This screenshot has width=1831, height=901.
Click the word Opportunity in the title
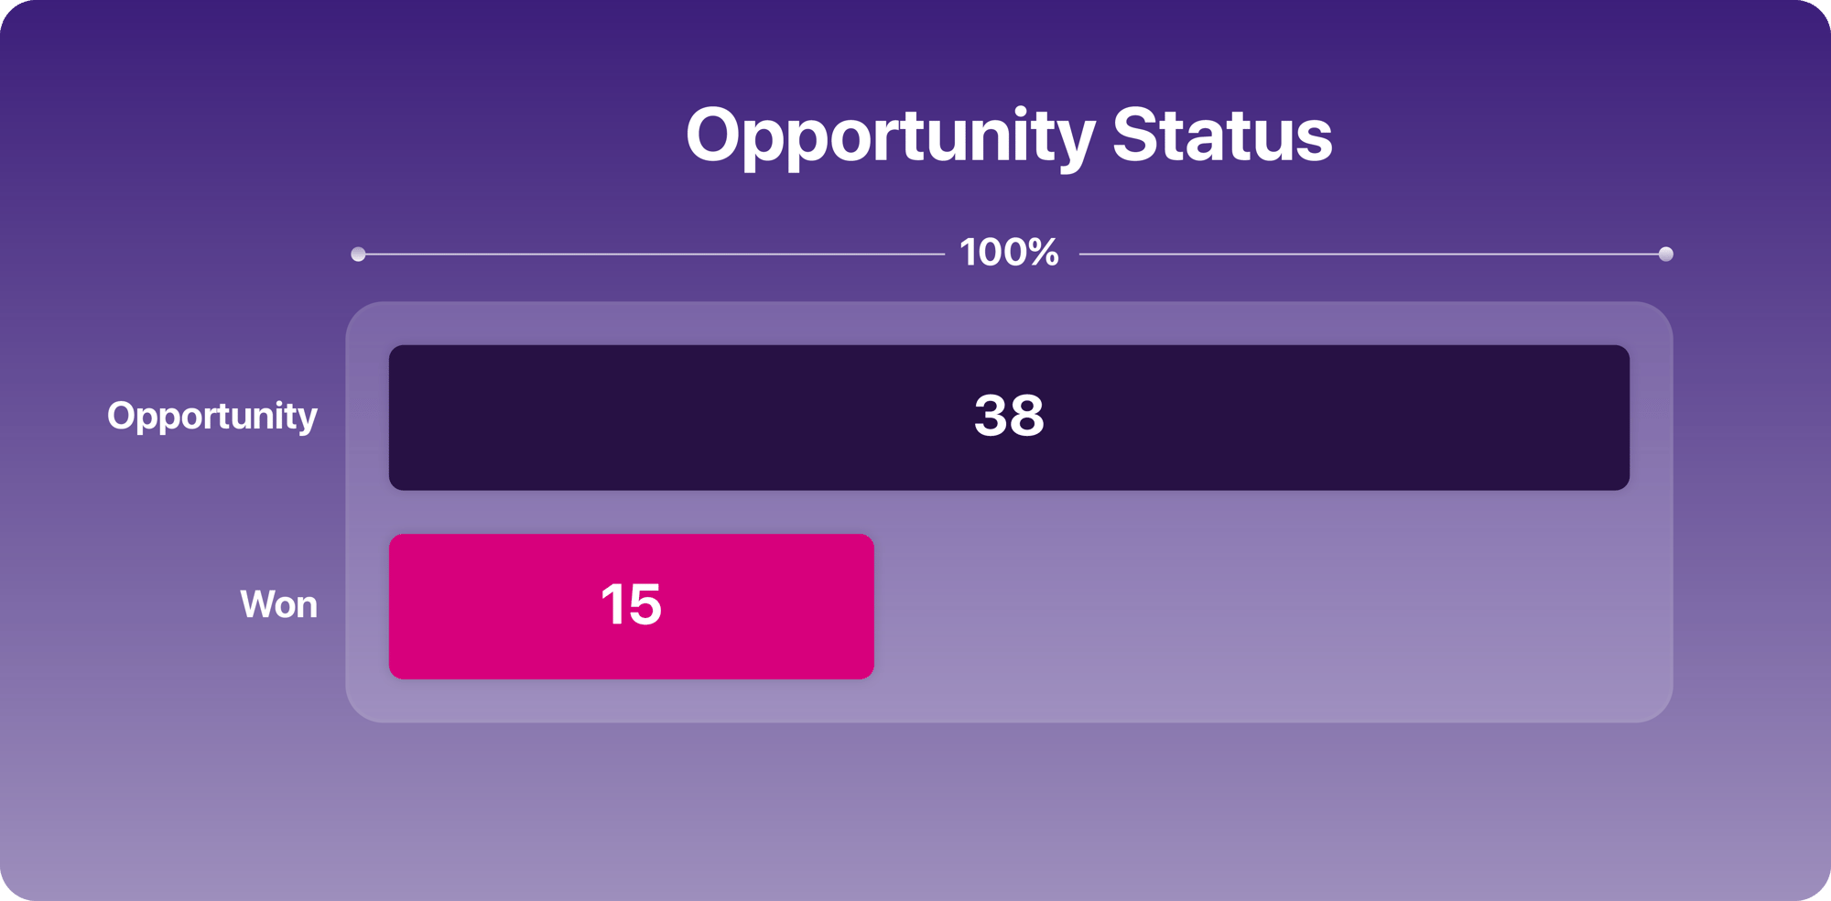point(890,137)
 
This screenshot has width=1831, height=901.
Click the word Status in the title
point(1222,135)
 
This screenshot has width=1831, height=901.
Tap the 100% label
point(1009,253)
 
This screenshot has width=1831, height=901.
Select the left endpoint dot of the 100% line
point(358,254)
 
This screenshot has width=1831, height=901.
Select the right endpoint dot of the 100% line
point(1665,254)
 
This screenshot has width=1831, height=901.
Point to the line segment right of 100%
point(1369,254)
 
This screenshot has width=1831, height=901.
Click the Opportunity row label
point(212,418)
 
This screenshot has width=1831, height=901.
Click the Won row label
point(278,604)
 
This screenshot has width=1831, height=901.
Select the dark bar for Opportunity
point(1009,418)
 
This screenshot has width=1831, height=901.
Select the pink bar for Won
point(632,606)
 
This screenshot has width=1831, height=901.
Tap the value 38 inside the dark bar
point(1009,416)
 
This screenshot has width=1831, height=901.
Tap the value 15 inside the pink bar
point(631,604)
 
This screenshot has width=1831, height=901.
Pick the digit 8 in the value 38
point(1027,416)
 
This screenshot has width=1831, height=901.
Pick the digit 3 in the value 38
point(991,416)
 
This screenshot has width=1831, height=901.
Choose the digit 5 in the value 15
point(645,604)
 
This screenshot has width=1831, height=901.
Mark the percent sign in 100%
point(1042,253)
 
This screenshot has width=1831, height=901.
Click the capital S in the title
point(1136,135)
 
